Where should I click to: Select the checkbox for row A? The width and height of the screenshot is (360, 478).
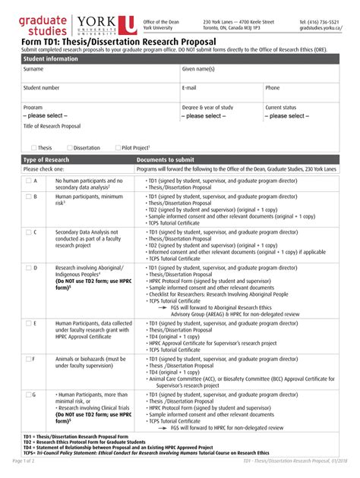click(28, 181)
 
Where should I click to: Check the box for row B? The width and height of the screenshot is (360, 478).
click(28, 196)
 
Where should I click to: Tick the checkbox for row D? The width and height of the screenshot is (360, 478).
click(28, 268)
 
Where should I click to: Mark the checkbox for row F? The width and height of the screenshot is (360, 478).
click(28, 358)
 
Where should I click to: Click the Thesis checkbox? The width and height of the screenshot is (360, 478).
click(33, 148)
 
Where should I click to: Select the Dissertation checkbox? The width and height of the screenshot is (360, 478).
click(70, 148)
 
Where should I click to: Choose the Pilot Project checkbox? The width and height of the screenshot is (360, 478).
click(117, 148)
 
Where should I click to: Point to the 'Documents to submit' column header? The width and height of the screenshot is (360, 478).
click(165, 160)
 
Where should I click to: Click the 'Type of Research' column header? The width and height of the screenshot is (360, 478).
click(46, 160)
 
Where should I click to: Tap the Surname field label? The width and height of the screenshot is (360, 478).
click(33, 68)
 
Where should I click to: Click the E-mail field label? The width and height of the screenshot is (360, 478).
click(189, 88)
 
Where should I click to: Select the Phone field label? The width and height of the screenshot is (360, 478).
click(272, 88)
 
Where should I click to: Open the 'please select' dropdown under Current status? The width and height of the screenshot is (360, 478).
click(287, 116)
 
